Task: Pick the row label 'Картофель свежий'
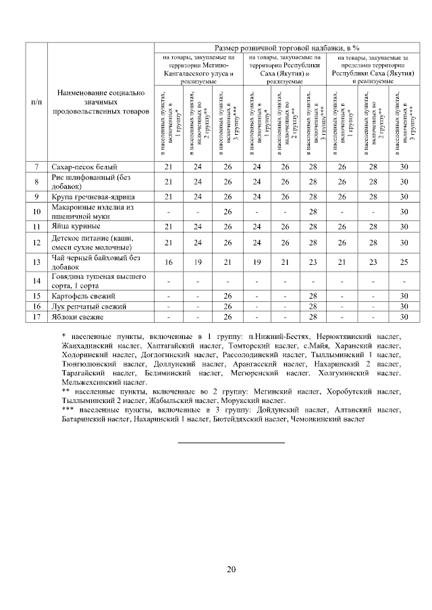[84, 296]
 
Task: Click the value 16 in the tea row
[169, 262]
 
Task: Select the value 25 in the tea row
[404, 262]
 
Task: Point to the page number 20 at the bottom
[231, 570]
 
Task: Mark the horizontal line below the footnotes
[231, 443]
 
